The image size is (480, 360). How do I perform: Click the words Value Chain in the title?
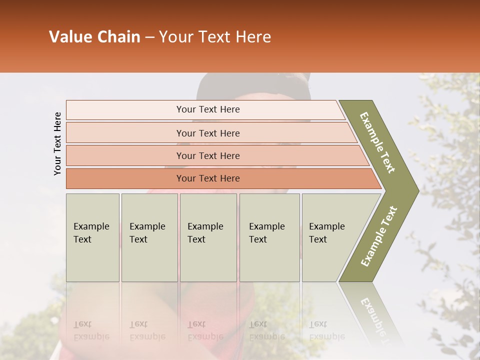(x=94, y=37)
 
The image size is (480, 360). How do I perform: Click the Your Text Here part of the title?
(x=215, y=37)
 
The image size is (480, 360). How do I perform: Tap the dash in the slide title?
(x=149, y=37)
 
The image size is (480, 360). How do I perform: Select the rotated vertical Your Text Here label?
(x=57, y=143)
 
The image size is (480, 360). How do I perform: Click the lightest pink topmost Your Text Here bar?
(x=207, y=109)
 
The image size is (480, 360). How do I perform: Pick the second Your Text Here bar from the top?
(x=207, y=133)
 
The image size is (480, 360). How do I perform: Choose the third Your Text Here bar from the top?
(x=207, y=155)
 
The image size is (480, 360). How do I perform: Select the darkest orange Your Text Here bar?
(x=207, y=178)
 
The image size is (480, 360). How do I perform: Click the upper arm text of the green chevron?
(x=377, y=142)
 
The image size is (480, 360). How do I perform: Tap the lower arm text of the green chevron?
(x=378, y=236)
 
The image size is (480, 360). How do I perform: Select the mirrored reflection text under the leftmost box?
(x=91, y=330)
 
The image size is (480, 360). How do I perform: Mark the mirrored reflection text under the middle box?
(x=205, y=330)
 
